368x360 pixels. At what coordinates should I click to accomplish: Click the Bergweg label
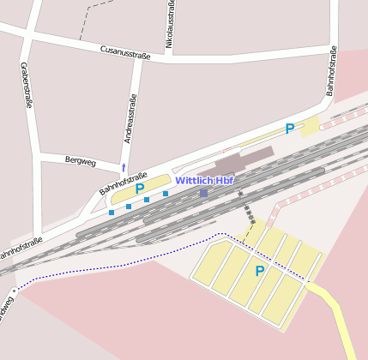tap(81, 160)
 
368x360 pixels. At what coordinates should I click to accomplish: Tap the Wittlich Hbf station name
tap(204, 181)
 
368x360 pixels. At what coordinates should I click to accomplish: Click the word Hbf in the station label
tap(224, 181)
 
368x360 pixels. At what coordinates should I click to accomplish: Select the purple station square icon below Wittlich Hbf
tap(203, 193)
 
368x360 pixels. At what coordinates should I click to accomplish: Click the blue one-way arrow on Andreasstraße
tap(124, 167)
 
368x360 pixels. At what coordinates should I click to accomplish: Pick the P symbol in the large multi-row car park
tap(259, 272)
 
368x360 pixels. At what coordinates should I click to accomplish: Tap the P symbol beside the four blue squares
tap(140, 189)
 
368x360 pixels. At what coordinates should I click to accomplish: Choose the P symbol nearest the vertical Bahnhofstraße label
tap(290, 129)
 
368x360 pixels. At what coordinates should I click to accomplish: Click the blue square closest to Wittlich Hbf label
tap(166, 194)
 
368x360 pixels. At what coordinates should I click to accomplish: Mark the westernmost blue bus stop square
tap(112, 212)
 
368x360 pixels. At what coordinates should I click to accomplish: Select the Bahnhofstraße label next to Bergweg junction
tap(117, 183)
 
